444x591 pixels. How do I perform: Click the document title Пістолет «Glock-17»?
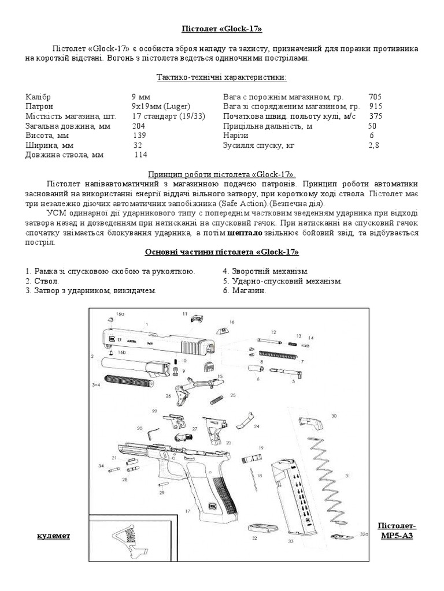tap(222, 28)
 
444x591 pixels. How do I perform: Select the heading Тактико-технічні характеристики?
tap(222, 77)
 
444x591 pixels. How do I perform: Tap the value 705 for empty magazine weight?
tap(375, 97)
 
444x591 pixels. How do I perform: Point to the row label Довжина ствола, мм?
tap(65, 155)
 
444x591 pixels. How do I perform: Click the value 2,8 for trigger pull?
tap(373, 145)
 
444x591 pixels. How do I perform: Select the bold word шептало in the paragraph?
tap(245, 233)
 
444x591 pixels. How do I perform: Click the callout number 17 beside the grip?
tap(187, 511)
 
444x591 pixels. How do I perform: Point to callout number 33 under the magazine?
tap(290, 541)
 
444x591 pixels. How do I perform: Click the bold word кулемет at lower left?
tap(53, 536)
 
